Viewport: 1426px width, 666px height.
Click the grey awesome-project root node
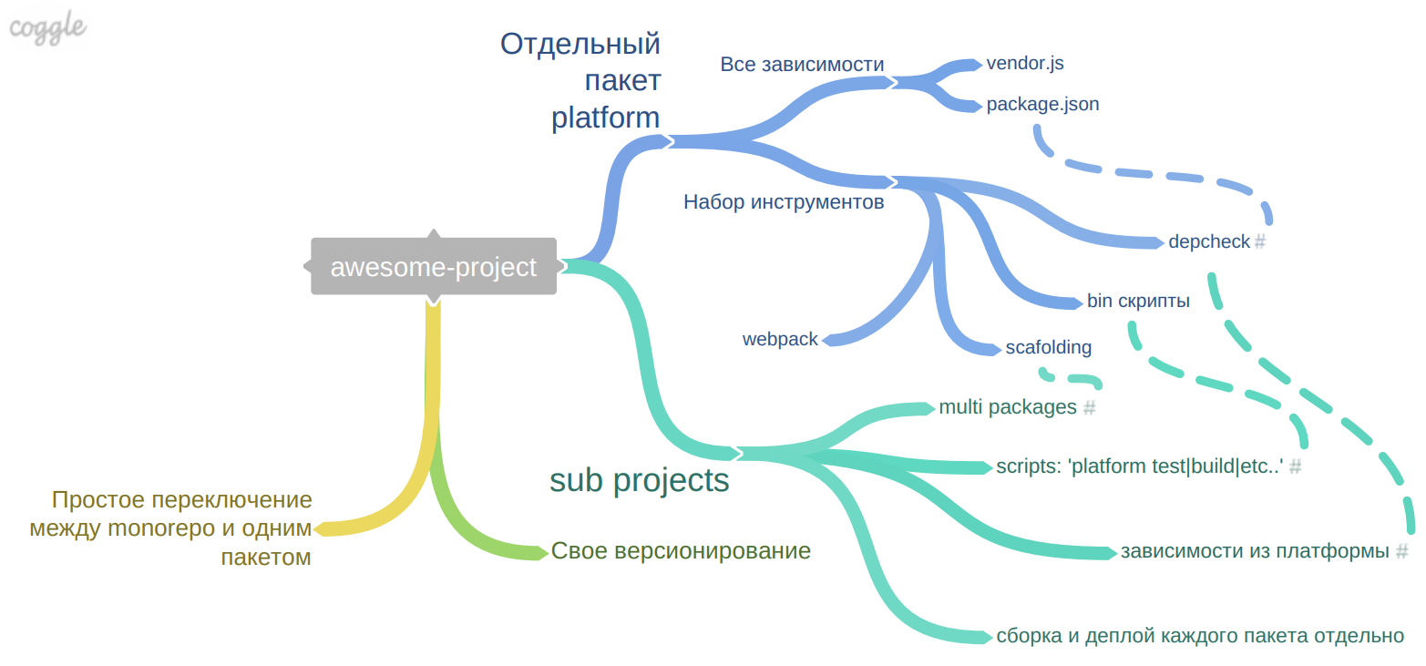[x=433, y=267]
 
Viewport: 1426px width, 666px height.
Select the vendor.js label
[x=1025, y=64]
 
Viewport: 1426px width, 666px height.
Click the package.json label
[x=1042, y=105]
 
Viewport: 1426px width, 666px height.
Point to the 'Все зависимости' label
[x=802, y=65]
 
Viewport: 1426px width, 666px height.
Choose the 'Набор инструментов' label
[x=784, y=202]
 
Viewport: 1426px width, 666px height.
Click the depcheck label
[x=1208, y=242]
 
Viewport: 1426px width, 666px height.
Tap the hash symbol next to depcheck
[x=1260, y=242]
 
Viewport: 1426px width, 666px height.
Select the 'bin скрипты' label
[x=1138, y=302]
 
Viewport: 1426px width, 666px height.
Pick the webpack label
[x=780, y=340]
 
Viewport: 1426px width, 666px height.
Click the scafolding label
[x=1048, y=347]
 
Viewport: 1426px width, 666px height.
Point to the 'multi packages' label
[x=1008, y=407]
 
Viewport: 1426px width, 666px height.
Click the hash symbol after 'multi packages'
[x=1088, y=408]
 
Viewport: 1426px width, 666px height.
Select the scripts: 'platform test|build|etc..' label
[x=1140, y=466]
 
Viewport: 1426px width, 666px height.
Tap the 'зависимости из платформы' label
[x=1255, y=551]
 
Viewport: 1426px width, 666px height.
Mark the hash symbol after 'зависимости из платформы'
[x=1401, y=551]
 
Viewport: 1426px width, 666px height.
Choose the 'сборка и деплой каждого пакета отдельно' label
[x=1200, y=636]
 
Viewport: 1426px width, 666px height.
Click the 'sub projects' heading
[x=640, y=480]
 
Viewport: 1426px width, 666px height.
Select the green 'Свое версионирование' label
[x=681, y=551]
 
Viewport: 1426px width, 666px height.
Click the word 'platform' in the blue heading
[x=605, y=118]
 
